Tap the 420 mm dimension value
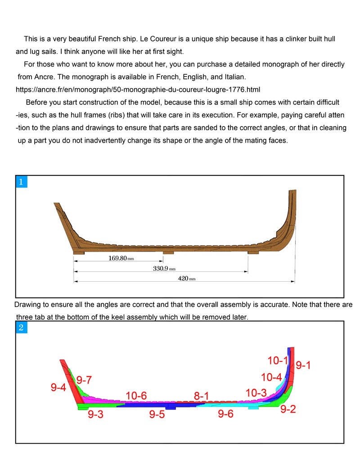186,279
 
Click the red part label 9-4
58,387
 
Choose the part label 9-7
84,380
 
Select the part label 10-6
136,396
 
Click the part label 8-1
202,396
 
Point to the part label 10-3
256,393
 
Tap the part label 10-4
271,377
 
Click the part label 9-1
303,365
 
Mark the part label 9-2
288,410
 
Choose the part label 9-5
157,414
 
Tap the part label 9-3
95,414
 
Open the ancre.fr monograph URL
138,89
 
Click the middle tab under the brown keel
168,252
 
